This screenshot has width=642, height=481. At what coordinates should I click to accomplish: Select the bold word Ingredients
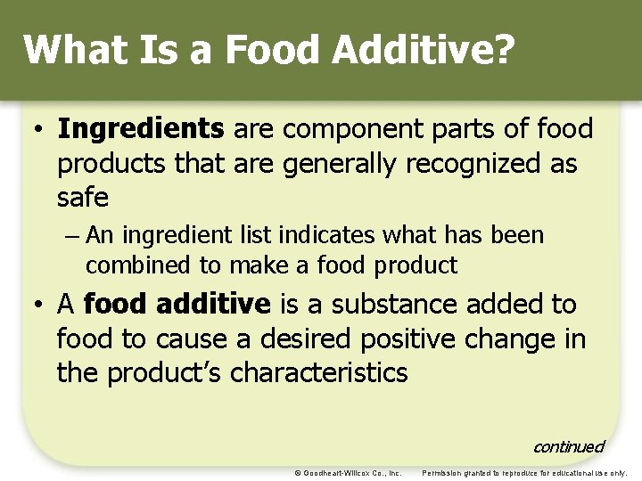coord(141,130)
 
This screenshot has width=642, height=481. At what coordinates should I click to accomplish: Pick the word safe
coord(82,197)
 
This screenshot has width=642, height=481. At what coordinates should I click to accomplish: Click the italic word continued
coord(568,446)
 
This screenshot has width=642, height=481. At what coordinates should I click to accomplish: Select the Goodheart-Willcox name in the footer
coord(342,473)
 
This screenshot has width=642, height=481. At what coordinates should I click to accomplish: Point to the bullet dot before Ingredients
coord(39,130)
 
